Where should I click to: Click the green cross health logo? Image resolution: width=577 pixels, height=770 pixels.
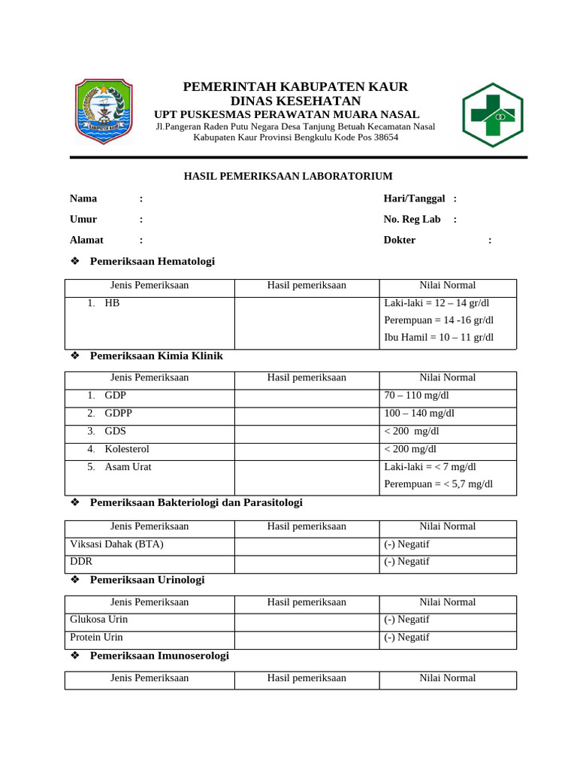click(493, 114)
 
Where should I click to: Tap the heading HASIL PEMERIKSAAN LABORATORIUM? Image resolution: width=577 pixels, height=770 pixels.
click(288, 177)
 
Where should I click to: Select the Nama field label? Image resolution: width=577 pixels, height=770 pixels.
click(83, 199)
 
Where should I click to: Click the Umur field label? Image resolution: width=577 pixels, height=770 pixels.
click(83, 220)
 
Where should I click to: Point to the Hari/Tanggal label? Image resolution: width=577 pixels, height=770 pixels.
click(414, 199)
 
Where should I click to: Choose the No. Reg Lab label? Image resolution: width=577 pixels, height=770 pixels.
click(412, 220)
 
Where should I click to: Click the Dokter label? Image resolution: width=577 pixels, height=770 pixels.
click(399, 240)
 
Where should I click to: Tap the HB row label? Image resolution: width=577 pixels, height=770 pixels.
click(112, 303)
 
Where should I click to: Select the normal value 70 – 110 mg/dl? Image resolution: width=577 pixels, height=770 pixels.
click(416, 396)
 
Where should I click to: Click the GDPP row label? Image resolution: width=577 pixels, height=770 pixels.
click(119, 414)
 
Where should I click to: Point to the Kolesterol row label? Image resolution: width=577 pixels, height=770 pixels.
click(127, 449)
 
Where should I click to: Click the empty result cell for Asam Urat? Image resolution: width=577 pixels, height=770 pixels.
click(307, 477)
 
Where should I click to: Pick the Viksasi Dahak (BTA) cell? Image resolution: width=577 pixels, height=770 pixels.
click(116, 544)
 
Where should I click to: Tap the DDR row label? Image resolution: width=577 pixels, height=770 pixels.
click(81, 562)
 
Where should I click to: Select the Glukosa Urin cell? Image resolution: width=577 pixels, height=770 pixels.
click(99, 620)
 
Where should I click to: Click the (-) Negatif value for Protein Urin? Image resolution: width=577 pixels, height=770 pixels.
click(406, 638)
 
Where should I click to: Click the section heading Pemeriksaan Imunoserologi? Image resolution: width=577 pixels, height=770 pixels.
click(159, 656)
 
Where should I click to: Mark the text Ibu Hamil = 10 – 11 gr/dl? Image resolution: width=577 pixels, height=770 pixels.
click(439, 338)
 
